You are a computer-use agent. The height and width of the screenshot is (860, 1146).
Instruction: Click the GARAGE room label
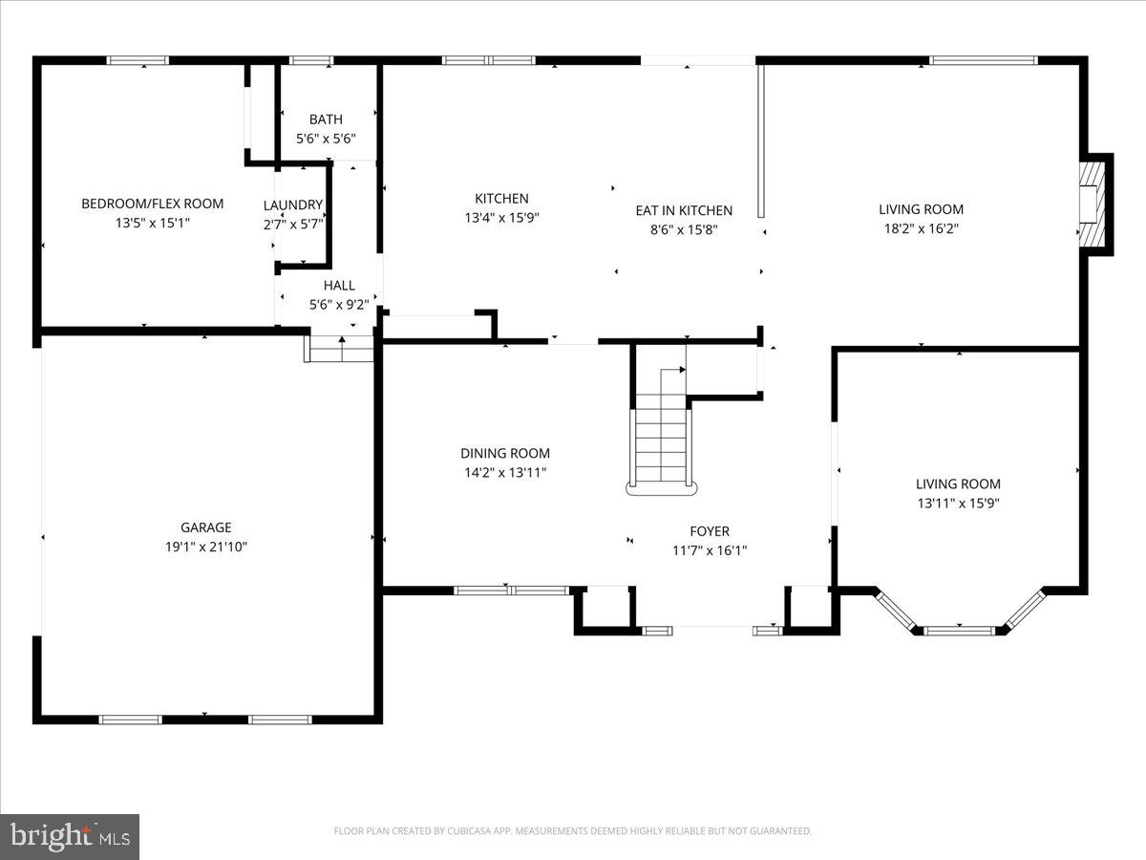point(206,527)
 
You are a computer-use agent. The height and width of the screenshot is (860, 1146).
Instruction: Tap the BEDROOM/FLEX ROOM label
point(153,204)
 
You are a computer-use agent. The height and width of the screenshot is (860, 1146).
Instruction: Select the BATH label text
point(326,119)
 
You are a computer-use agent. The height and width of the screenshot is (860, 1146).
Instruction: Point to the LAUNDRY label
point(293,204)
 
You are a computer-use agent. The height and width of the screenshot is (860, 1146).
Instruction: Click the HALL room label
point(339,285)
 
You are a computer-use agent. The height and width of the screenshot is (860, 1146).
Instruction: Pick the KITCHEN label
point(501,199)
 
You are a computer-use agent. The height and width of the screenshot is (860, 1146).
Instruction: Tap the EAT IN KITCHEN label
point(684,210)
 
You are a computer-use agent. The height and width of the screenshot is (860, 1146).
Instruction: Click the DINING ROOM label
point(505,454)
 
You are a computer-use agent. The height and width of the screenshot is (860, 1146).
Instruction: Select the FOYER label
point(710,531)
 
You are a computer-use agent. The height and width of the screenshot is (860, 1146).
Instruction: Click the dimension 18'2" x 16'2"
point(921,228)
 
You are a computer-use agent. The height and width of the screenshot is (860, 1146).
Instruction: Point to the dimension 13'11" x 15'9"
point(958,503)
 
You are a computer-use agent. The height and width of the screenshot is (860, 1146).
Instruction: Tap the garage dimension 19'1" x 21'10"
point(206,547)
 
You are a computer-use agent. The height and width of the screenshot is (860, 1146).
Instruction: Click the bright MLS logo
point(70,836)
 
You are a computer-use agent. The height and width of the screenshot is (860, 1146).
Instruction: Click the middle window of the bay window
point(958,630)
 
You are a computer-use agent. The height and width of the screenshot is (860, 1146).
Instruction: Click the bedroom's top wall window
point(138,60)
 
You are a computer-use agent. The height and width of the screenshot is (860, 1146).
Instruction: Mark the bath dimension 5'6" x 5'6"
point(326,139)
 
